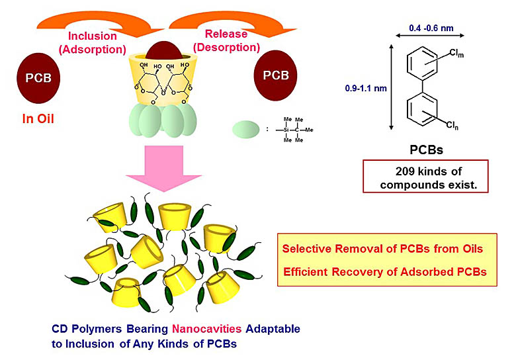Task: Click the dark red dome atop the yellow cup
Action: (x=161, y=54)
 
